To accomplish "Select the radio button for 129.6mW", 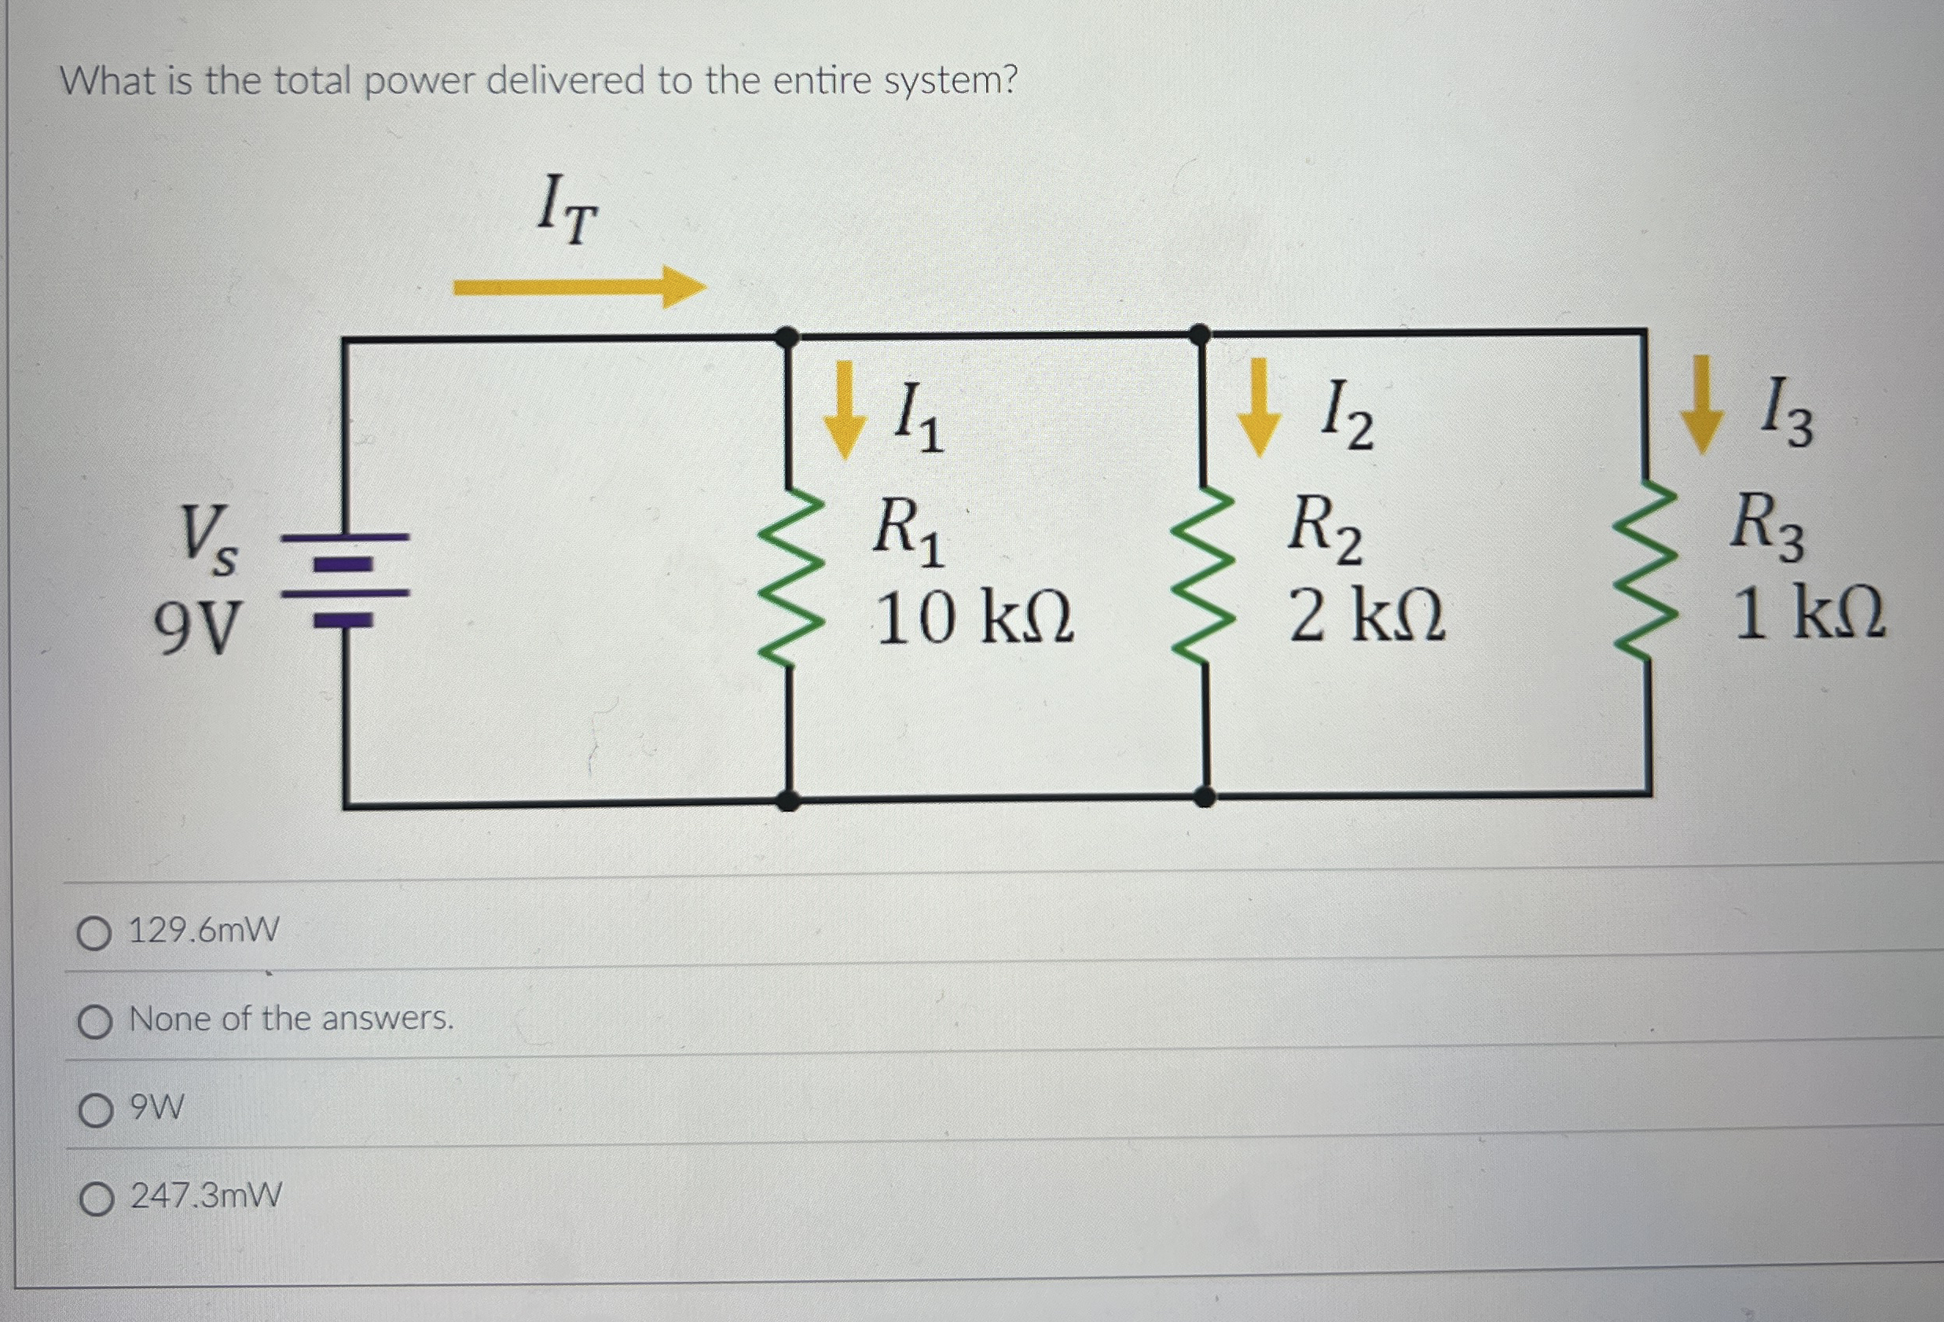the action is coord(94,934).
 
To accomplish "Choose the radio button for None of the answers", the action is coord(94,1022).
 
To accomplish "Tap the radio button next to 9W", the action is coord(95,1111).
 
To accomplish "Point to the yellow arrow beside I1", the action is coord(844,409).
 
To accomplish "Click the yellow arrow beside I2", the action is coord(1259,406).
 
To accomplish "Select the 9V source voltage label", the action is coord(196,627).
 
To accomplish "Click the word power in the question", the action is coord(420,82).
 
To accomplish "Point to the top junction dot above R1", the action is coord(787,337).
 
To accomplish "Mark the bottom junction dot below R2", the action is coord(1204,796).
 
